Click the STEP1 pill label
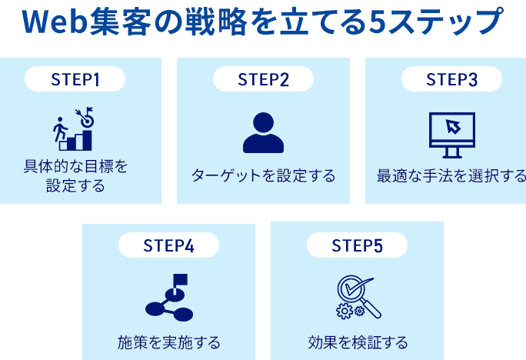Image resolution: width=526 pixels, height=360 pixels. point(75,79)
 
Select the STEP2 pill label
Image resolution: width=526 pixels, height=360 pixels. point(263,79)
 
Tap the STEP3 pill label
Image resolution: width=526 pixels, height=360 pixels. point(451,79)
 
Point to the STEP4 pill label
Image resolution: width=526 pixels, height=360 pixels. point(168,245)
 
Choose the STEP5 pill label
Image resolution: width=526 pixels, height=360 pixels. point(357,245)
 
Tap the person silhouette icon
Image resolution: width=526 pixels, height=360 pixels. point(263,132)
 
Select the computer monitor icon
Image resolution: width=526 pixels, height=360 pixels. point(451,132)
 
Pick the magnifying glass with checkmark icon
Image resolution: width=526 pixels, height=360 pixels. point(358,297)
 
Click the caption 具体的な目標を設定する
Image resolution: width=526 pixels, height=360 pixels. point(75,176)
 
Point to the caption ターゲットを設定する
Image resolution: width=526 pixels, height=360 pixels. point(263,176)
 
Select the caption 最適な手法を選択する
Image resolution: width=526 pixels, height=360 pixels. point(451,176)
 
